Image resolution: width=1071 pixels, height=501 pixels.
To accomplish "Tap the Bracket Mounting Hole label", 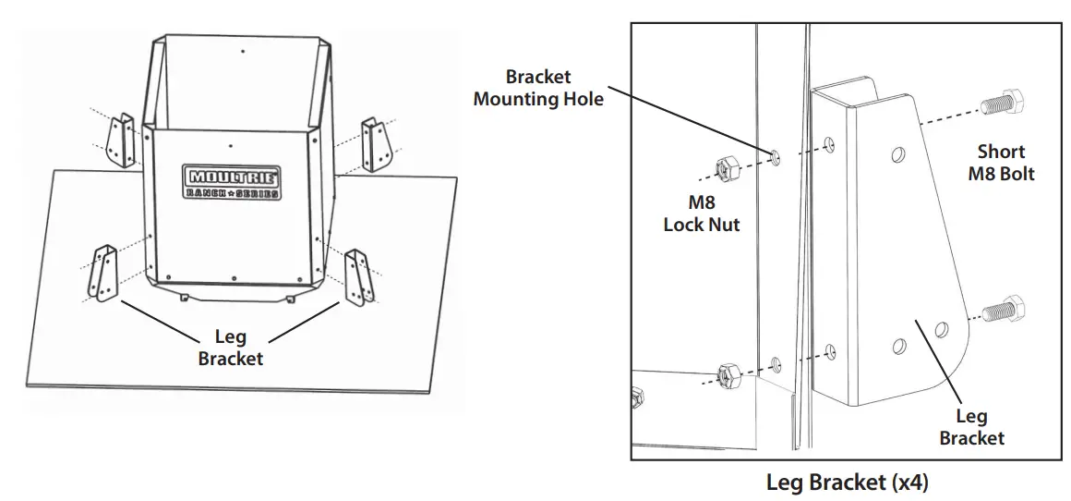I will coord(538,88).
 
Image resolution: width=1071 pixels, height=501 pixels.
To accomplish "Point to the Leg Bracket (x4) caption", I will coord(847,483).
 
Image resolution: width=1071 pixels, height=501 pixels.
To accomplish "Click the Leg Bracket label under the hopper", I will coord(230,348).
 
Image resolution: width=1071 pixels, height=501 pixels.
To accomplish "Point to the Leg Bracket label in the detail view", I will coord(971,427).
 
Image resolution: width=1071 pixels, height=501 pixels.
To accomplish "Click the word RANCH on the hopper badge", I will coord(206,192).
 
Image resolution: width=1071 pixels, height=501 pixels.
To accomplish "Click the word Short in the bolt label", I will coord(1001,152).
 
